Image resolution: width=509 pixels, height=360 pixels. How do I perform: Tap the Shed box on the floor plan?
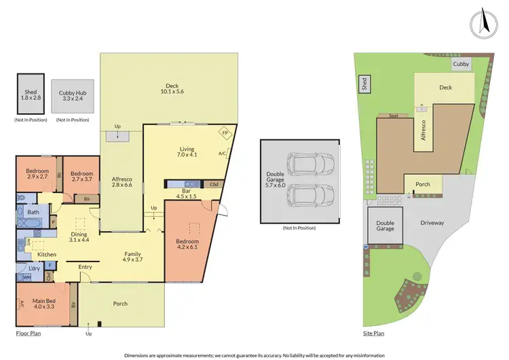coord(30,94)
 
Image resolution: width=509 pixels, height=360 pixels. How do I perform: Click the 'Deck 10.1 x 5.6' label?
coord(172,88)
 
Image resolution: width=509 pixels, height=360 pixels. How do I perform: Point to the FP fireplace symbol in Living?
coord(225,134)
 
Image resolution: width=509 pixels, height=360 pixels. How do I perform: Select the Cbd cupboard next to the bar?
coord(214,184)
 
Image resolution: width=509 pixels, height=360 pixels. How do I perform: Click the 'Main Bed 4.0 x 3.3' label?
coord(43,302)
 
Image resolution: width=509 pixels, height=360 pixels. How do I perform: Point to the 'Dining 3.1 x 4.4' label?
coord(79,236)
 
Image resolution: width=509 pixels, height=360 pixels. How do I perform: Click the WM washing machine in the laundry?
coord(26,277)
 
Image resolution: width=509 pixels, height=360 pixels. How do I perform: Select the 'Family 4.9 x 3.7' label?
coord(132,257)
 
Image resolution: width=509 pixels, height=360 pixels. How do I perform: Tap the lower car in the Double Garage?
coord(309,196)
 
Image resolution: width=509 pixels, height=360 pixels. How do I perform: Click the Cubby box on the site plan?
coord(461,65)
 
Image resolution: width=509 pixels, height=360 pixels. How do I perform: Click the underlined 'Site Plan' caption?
coord(374,334)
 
